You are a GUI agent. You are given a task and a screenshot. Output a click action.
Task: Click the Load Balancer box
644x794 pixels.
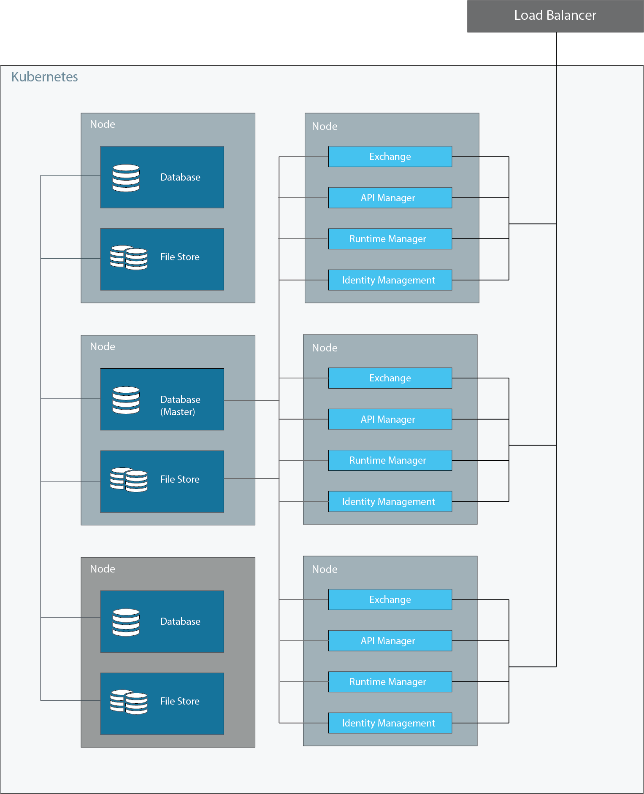(x=555, y=16)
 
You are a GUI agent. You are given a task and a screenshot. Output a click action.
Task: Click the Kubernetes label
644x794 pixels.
(x=44, y=77)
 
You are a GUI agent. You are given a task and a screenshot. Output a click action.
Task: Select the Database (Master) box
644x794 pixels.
(x=162, y=400)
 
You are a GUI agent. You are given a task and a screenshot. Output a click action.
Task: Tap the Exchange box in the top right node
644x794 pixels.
(x=390, y=157)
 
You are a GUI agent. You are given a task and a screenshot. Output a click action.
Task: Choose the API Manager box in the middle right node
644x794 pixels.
(x=390, y=419)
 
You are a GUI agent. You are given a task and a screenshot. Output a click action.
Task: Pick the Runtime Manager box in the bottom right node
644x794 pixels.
(x=390, y=682)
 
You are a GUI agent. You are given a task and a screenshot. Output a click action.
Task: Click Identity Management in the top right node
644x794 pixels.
(x=390, y=280)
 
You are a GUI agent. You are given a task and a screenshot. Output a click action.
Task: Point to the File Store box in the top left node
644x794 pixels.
(x=162, y=259)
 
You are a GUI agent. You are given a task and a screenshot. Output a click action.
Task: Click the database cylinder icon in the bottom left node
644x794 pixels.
(x=126, y=622)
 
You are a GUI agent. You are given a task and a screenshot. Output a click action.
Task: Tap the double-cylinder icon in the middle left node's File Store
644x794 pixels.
(x=128, y=480)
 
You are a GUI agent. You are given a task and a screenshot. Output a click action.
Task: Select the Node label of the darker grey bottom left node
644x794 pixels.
(x=103, y=569)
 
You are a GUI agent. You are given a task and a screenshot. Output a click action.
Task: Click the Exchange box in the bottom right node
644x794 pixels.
(x=390, y=600)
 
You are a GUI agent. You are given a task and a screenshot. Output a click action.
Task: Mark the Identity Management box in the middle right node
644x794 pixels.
(x=390, y=502)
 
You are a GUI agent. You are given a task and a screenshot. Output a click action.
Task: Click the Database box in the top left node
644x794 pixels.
(x=162, y=177)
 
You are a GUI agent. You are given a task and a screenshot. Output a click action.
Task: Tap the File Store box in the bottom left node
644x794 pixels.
(x=162, y=704)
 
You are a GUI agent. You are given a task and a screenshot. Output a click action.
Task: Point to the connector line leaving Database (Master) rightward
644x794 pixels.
(x=251, y=400)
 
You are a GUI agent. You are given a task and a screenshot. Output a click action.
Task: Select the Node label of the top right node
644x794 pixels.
(x=325, y=126)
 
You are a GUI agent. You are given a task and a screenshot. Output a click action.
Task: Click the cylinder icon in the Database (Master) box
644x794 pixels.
(x=126, y=400)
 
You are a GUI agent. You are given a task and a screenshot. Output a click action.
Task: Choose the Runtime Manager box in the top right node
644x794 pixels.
(x=390, y=239)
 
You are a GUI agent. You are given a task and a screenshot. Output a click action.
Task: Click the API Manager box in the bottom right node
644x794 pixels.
(x=390, y=641)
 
